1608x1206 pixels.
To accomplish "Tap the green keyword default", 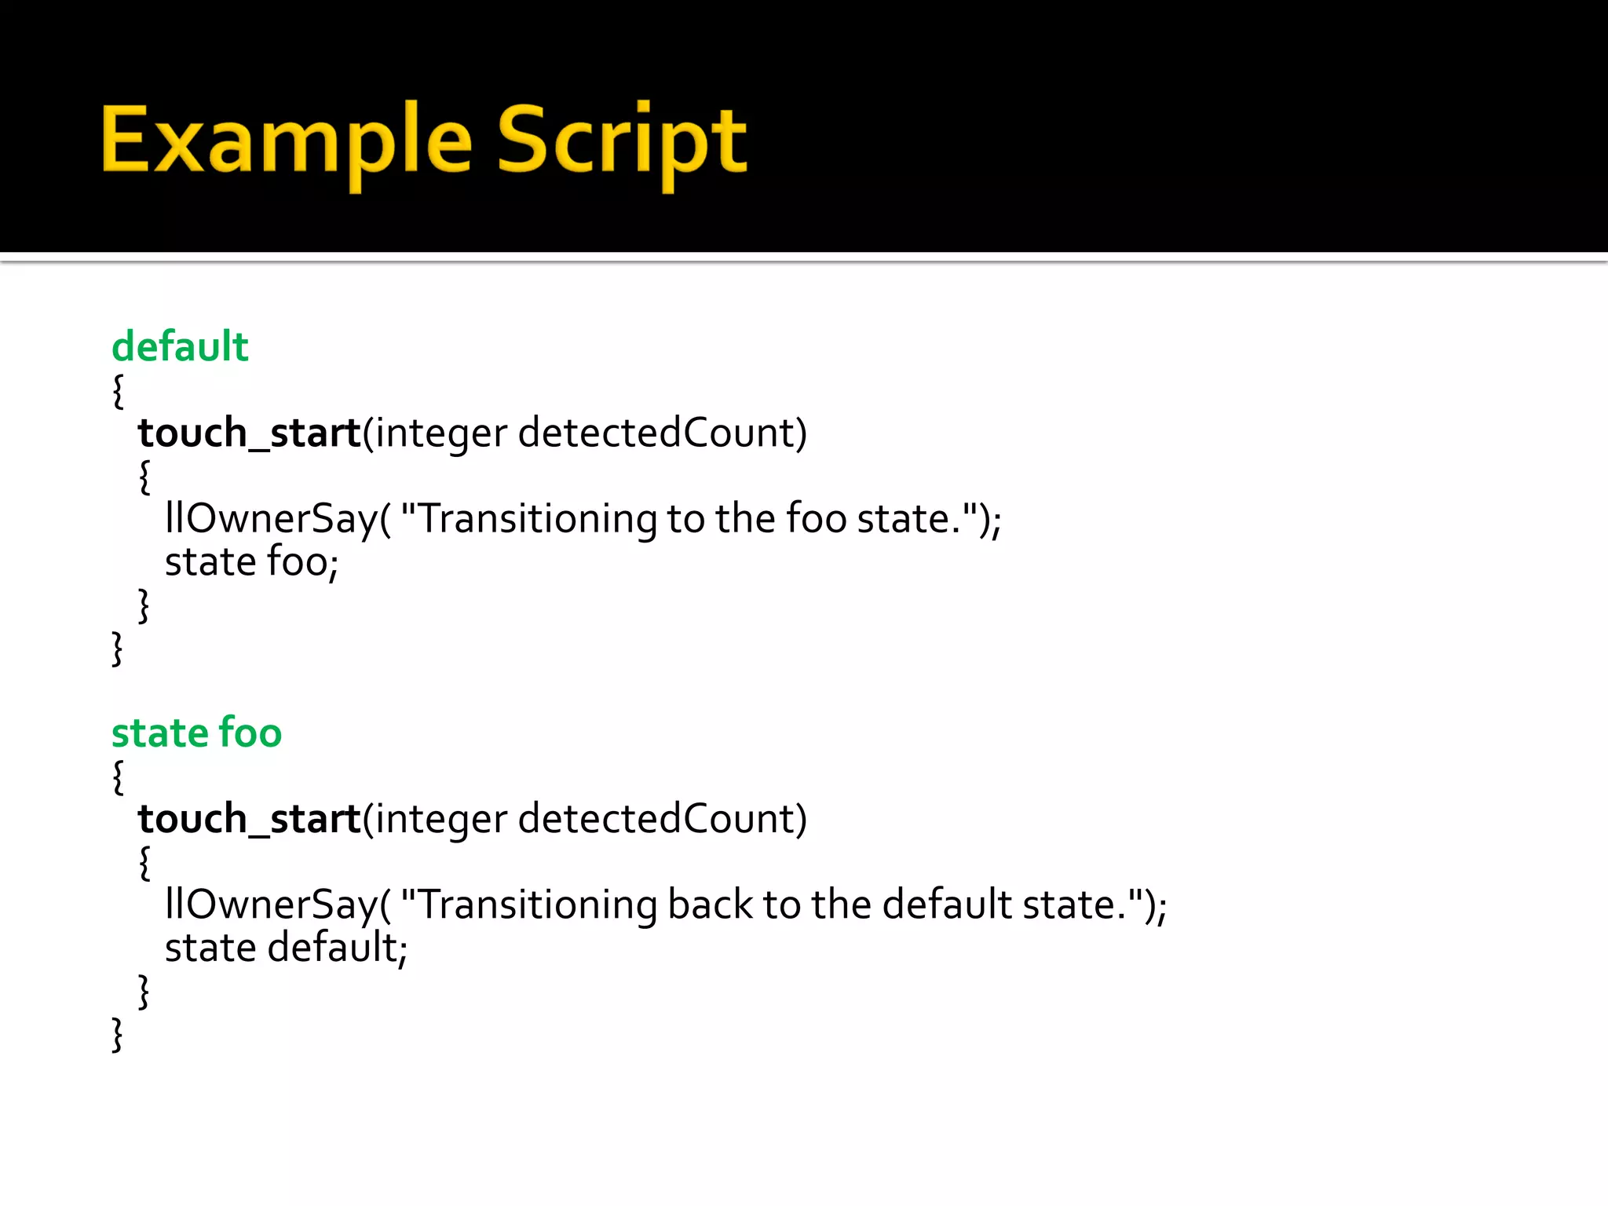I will pos(180,347).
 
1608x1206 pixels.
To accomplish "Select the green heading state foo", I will pos(196,733).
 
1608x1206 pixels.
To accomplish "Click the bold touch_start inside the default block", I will pos(249,433).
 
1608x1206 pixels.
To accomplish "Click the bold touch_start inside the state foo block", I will pos(249,820).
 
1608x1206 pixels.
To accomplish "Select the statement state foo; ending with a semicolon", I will pos(251,562).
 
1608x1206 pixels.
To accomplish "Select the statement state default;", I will pos(286,948).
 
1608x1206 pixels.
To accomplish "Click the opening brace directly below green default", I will pos(119,391).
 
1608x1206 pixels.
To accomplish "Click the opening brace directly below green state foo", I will pos(119,777).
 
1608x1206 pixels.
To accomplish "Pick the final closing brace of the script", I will pos(118,1034).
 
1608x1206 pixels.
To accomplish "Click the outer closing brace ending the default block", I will pos(118,649).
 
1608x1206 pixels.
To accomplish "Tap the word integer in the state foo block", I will pos(440,820).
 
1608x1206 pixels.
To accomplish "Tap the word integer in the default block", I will pos(440,433).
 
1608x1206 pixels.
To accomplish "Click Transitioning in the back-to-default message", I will pos(539,905).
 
